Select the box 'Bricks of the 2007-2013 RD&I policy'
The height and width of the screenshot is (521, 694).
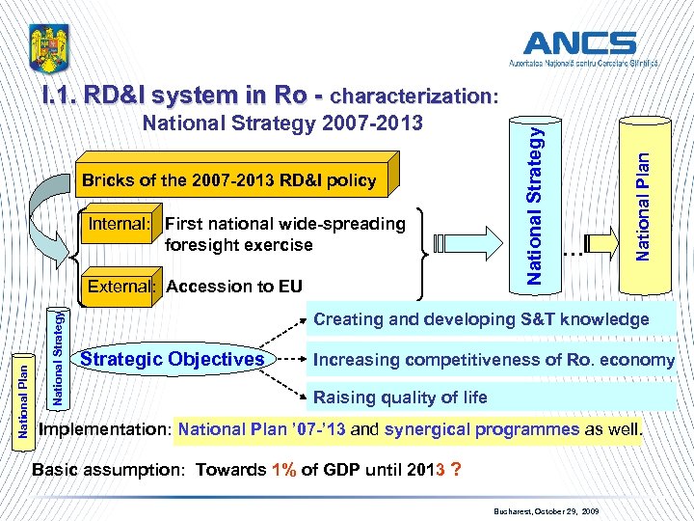(228, 180)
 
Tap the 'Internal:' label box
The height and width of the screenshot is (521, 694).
(120, 224)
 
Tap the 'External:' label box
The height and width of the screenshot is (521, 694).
(120, 286)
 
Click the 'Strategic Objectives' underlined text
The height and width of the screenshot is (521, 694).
(173, 360)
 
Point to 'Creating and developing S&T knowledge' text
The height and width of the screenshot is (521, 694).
(481, 319)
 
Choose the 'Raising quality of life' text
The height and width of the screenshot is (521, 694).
(400, 397)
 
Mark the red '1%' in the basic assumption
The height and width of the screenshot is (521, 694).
(283, 471)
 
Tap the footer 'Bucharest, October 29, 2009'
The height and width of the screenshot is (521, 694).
(545, 507)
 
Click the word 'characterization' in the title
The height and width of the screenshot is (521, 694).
(411, 96)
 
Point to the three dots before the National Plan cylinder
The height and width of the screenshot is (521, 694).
(574, 254)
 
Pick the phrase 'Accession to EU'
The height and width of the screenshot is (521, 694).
(234, 286)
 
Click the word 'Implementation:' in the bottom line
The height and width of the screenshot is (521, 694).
(104, 429)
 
